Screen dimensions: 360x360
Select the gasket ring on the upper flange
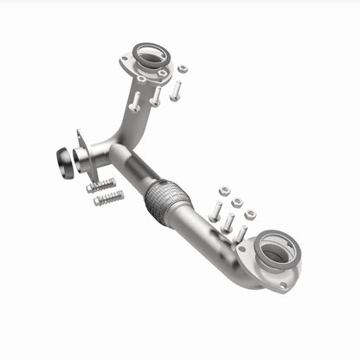point(149,57)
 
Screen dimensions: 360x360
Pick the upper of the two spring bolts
point(101,184)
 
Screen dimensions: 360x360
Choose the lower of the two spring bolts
point(109,199)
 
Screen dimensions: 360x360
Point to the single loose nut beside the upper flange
point(183,69)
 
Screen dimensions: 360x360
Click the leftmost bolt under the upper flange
point(135,100)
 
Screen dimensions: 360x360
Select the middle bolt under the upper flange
point(156,95)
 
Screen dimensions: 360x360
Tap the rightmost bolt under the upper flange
point(176,90)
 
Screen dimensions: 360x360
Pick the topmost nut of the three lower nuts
point(223,190)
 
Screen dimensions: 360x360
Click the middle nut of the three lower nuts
point(237,202)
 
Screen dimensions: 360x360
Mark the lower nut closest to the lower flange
point(250,215)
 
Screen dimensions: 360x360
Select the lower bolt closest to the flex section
point(215,211)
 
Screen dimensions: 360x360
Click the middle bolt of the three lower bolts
point(228,223)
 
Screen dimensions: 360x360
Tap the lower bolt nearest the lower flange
point(241,235)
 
